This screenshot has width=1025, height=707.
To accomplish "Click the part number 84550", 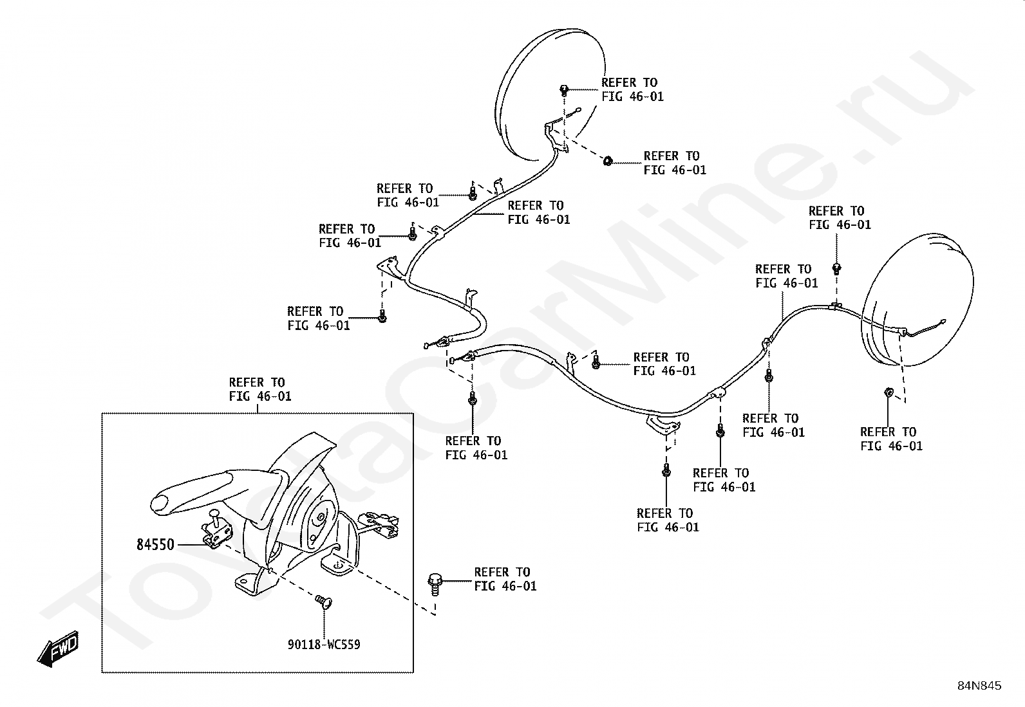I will (x=155, y=545).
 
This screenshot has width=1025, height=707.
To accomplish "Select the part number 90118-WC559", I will (x=323, y=644).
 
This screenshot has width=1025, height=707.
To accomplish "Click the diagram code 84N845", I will (x=979, y=686).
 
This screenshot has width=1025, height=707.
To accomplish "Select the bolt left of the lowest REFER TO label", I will (x=435, y=583).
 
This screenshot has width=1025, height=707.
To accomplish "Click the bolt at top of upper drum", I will (x=564, y=89).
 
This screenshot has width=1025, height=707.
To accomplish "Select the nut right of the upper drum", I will (x=607, y=160).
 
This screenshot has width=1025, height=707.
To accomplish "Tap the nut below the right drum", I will (x=888, y=392).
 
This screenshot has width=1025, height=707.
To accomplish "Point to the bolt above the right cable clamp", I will (x=836, y=268).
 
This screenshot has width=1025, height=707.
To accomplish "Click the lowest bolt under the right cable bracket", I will (x=666, y=472).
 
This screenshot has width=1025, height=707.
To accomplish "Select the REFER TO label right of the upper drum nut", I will (x=674, y=163).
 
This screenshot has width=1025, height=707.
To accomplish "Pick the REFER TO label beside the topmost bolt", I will (x=632, y=89).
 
